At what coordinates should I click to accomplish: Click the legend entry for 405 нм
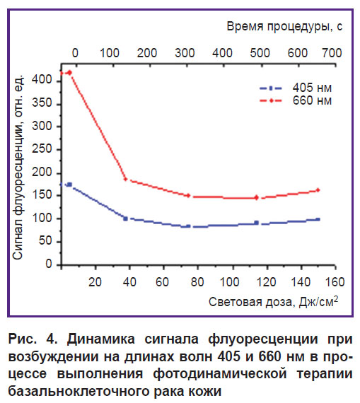click(296, 88)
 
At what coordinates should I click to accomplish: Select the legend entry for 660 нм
click(296, 100)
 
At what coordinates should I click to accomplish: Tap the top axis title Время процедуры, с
click(284, 27)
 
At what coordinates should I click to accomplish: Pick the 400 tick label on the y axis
click(42, 80)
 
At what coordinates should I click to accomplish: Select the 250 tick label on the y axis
click(42, 149)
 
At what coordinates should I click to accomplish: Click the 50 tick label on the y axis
click(45, 241)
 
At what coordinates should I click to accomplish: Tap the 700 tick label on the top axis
click(332, 53)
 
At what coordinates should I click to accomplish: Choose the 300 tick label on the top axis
click(185, 53)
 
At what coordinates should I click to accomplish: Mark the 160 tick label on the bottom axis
click(335, 282)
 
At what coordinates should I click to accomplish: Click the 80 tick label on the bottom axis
click(197, 282)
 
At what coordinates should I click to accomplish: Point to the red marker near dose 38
click(125, 179)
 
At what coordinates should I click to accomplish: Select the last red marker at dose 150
click(318, 190)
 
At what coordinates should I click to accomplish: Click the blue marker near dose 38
click(125, 218)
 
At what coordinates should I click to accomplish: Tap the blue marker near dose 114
click(256, 223)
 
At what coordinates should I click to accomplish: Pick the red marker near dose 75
click(188, 196)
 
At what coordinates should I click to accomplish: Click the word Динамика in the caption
click(101, 339)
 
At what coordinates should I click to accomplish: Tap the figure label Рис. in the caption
click(23, 339)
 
